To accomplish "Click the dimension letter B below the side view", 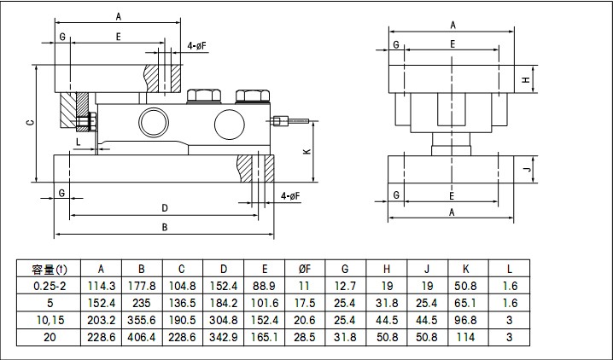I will click(x=164, y=227).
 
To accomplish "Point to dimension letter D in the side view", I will click(x=164, y=207).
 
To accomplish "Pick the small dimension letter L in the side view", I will click(x=79, y=140).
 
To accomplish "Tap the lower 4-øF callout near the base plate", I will click(x=289, y=196).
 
